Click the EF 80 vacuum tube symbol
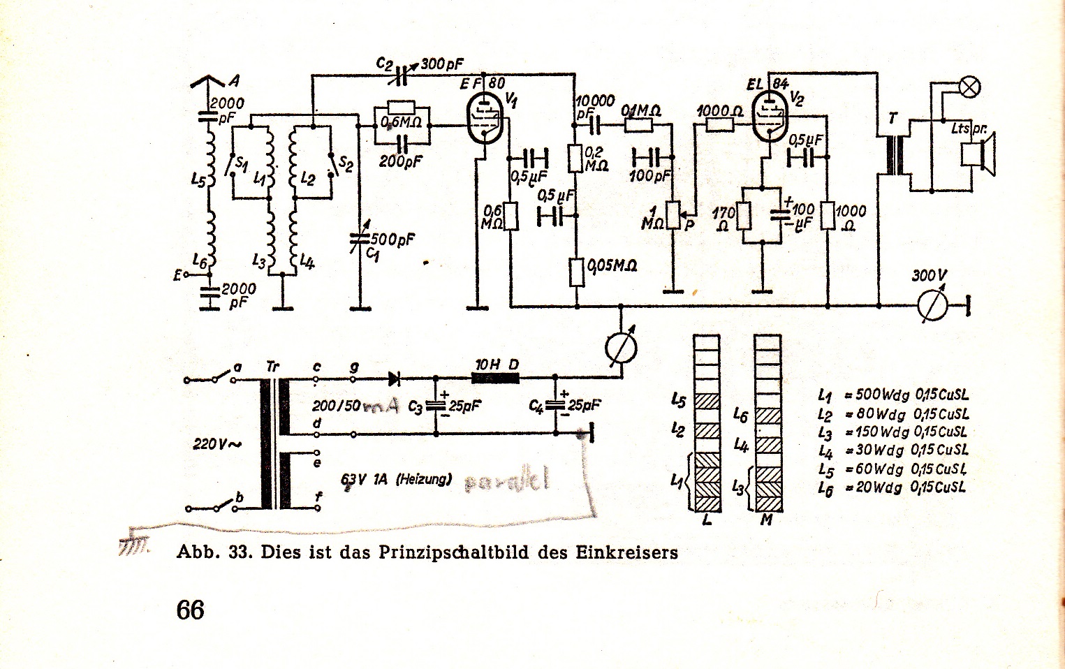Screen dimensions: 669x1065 tap(484, 119)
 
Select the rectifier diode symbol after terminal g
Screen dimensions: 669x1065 tap(394, 379)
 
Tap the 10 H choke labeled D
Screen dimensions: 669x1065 tap(495, 378)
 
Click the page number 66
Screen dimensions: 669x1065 tap(190, 610)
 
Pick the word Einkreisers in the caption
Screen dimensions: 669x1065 tap(626, 553)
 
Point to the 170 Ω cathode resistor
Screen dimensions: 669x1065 tap(743, 216)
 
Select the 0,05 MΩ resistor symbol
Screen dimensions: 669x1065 tap(577, 272)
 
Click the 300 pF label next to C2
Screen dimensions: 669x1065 tap(442, 65)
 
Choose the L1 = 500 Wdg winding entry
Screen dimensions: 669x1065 tap(893, 395)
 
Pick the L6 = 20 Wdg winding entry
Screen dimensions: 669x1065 tap(892, 487)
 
